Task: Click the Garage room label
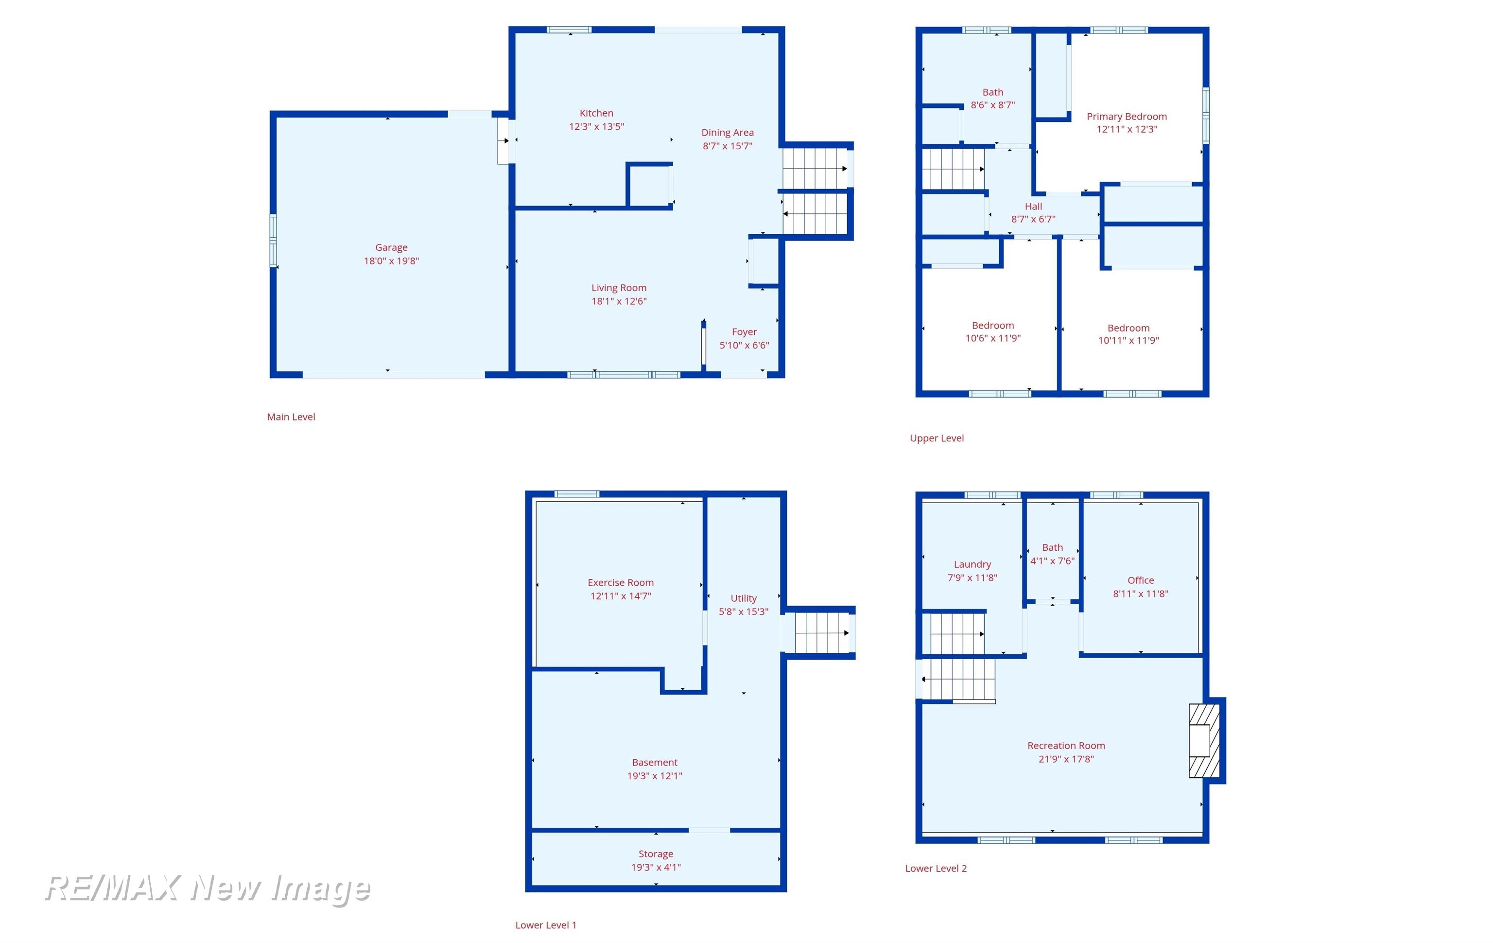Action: pos(391,247)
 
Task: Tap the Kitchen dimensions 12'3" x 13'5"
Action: pos(596,126)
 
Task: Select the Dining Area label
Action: pos(727,133)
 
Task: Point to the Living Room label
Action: pos(619,288)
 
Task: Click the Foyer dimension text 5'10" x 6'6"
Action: pos(744,345)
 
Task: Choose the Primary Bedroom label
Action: pos(1127,117)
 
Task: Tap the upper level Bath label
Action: pos(992,92)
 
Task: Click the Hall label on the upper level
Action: pos(1033,207)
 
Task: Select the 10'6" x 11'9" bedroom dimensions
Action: pos(992,338)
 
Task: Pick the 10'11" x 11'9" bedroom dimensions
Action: pos(1128,340)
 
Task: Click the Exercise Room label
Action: pos(621,583)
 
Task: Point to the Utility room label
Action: pos(744,598)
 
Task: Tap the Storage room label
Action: pos(656,855)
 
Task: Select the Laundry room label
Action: pos(972,564)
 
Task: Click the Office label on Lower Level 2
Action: pos(1141,580)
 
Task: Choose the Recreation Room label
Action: pos(1066,746)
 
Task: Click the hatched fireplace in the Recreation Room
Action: pos(1203,740)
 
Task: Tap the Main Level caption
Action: pos(291,417)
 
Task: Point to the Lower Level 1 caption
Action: pos(546,925)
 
